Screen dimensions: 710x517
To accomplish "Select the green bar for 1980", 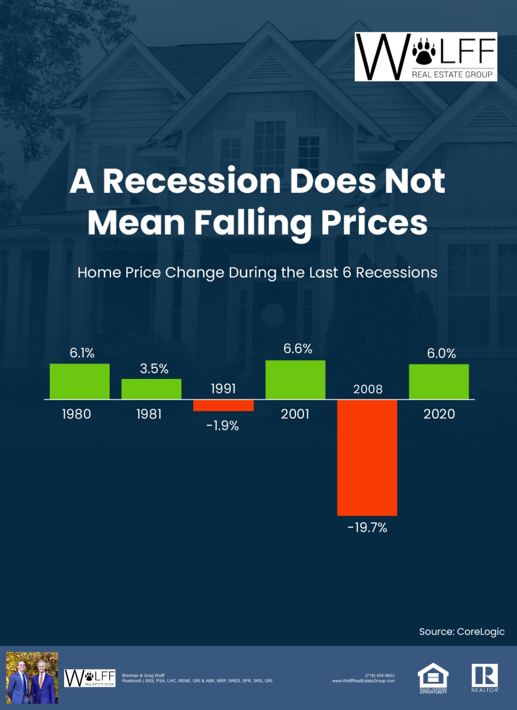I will pyautogui.click(x=79, y=381).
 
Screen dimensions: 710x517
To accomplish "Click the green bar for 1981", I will pyautogui.click(x=151, y=389).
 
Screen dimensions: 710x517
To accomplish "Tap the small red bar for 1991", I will pyautogui.click(x=223, y=405).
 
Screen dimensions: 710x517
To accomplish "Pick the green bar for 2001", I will pyautogui.click(x=295, y=379).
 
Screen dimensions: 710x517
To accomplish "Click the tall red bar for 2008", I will pyautogui.click(x=367, y=457).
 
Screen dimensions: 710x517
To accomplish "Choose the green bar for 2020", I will pyautogui.click(x=439, y=381).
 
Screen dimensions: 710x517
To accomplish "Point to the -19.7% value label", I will pyautogui.click(x=367, y=528).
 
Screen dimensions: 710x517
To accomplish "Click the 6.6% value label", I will pyautogui.click(x=297, y=349).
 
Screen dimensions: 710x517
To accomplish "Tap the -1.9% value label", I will pyautogui.click(x=222, y=426).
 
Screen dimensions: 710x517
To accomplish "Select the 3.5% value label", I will pyautogui.click(x=154, y=369).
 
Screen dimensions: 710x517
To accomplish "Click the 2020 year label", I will pyautogui.click(x=439, y=414).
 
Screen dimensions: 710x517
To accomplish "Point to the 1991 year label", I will pyautogui.click(x=223, y=389).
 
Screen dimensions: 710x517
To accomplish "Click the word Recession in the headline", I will pyautogui.click(x=192, y=181).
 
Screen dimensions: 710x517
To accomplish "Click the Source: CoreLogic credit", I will pyautogui.click(x=461, y=632).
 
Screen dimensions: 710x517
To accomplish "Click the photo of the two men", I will pyautogui.click(x=32, y=678).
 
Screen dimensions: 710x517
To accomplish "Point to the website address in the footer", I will pyautogui.click(x=363, y=681).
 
